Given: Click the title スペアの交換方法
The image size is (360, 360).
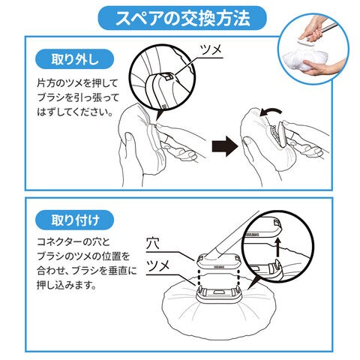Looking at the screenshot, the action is pos(182,18).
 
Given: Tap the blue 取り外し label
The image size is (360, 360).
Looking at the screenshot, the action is pos(75,59).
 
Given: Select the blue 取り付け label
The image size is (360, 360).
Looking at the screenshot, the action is pos(75,220).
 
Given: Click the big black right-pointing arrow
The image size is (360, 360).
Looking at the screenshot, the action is pos(224,146).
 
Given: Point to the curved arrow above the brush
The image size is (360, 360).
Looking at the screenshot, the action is pos(271,111).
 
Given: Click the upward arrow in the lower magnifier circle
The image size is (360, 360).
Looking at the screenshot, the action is pos(277,247).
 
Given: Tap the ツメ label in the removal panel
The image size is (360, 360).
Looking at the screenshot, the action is pos(211,49).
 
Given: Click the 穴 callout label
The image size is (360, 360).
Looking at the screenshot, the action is pos(153,243).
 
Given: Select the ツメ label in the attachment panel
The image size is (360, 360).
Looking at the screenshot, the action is pos(157,265).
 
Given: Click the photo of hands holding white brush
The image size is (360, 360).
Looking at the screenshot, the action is pos(313,47).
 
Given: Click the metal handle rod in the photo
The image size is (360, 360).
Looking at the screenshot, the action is pos(327,28).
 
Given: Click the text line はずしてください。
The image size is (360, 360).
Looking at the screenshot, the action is pos(75,112).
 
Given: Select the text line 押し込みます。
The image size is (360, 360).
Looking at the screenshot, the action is pos(67,285).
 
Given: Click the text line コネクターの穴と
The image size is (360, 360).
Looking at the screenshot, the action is pos(73,242).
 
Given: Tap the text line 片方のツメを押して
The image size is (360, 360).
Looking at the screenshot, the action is pos(77,83).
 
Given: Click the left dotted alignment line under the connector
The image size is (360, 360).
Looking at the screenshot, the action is pos(199,277).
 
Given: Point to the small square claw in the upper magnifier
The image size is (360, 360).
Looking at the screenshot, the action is pos(168,76).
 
